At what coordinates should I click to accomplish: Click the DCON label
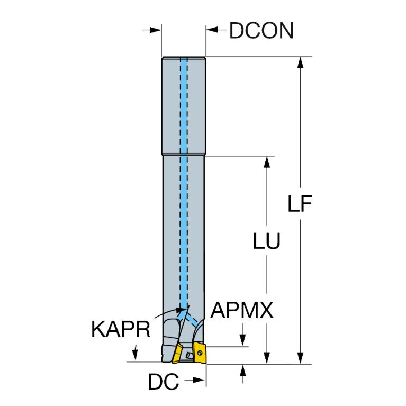tap(261, 30)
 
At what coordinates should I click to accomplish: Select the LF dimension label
tap(300, 203)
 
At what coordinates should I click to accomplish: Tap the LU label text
tap(266, 241)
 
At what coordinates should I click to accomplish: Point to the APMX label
tap(242, 310)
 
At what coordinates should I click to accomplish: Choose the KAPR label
tap(121, 329)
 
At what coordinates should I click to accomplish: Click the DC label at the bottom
tap(164, 382)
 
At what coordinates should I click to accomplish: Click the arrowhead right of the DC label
tap(199, 380)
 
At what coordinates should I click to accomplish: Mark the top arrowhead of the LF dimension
tap(300, 62)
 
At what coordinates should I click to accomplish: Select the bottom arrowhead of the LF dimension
tap(300, 358)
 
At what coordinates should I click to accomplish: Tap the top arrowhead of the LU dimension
tap(267, 162)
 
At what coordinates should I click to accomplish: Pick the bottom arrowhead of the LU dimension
tap(267, 358)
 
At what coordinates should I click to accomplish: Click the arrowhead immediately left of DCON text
tap(212, 30)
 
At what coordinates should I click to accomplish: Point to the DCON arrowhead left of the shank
tap(155, 30)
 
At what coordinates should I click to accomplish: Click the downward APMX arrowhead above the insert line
tap(242, 340)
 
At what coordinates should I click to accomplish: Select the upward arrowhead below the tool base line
tap(242, 371)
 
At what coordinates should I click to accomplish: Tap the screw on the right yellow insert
tap(200, 353)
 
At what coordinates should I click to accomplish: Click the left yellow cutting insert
tap(178, 353)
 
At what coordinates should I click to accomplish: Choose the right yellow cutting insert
tap(200, 353)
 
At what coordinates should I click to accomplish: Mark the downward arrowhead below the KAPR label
tap(134, 355)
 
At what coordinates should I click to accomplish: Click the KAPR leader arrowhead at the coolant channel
tap(181, 309)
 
